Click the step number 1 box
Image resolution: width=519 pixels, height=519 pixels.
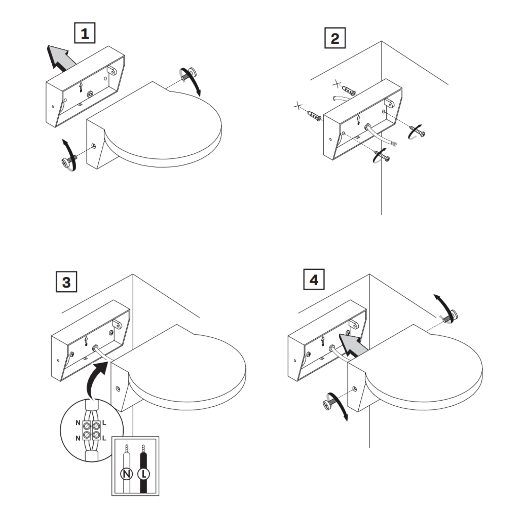85,33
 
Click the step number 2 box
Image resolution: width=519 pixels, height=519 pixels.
335,38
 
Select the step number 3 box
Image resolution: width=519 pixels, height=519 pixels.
66,282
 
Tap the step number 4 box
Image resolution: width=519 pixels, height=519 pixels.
314,279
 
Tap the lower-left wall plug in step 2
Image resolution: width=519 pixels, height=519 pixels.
315,116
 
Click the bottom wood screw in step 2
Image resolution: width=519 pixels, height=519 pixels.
382,157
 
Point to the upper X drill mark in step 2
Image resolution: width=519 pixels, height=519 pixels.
337,84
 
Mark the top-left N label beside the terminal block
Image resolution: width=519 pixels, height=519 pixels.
78,423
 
